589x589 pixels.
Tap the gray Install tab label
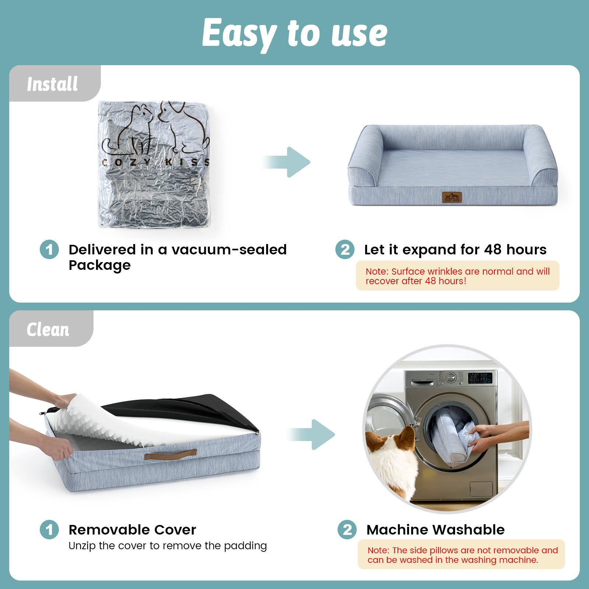click(x=53, y=84)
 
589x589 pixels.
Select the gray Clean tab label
click(x=48, y=329)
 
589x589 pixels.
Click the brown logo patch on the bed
click(x=452, y=197)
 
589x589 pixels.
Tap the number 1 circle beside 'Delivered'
click(x=49, y=250)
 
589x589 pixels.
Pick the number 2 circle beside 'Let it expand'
click(x=345, y=250)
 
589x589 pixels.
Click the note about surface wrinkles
click(x=457, y=276)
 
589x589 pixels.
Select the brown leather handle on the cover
click(x=170, y=455)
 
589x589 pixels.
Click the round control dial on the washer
click(x=451, y=378)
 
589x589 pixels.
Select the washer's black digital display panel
click(x=480, y=378)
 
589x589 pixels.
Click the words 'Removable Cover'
click(x=132, y=530)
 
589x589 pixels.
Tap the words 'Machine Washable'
click(x=435, y=530)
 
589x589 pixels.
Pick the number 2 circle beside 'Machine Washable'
click(x=347, y=530)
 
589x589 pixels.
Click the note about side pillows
click(x=461, y=555)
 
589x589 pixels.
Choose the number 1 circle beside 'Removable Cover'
click(x=49, y=530)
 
